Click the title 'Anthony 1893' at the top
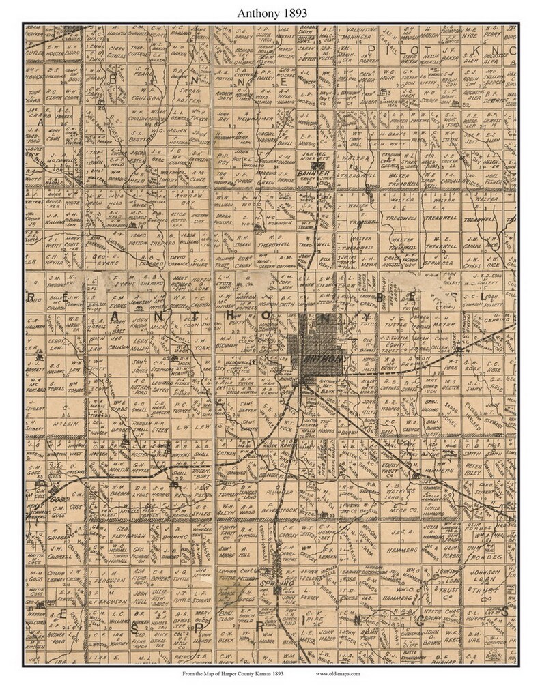tap(271, 12)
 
